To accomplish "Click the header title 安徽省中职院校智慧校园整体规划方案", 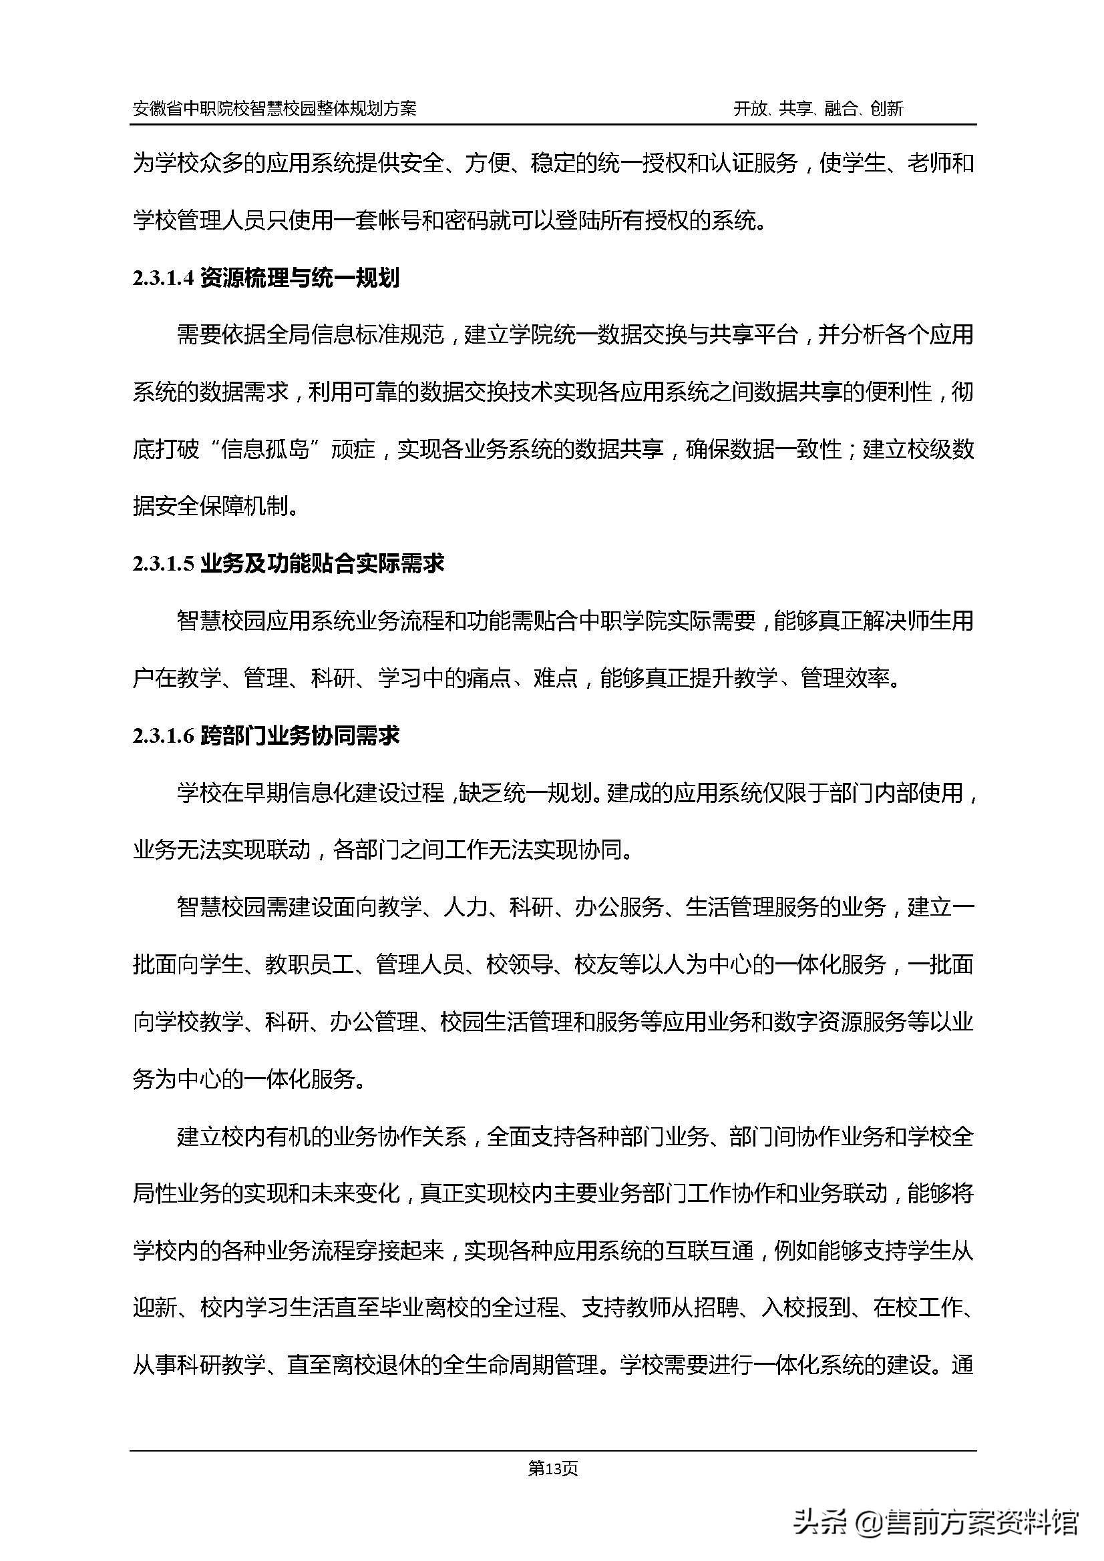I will [x=274, y=109].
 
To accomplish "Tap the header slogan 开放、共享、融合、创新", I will [x=817, y=109].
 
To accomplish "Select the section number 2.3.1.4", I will [x=164, y=279].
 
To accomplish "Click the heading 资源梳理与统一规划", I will [x=300, y=279].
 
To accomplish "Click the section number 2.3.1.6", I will [x=164, y=736].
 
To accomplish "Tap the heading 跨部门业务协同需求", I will [x=300, y=736].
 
